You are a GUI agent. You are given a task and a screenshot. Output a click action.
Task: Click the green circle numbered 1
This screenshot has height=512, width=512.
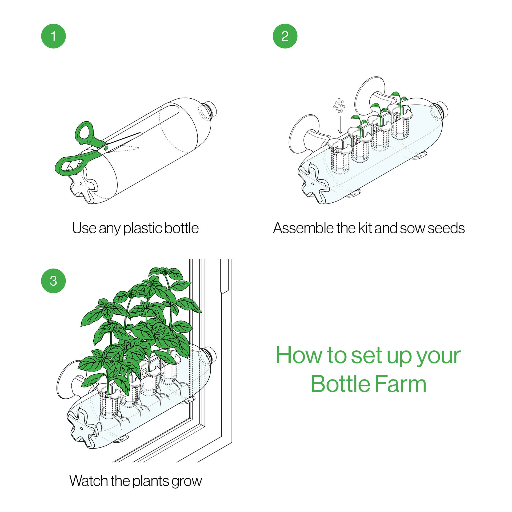(53, 36)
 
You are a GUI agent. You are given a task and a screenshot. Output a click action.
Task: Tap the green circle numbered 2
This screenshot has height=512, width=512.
(285, 36)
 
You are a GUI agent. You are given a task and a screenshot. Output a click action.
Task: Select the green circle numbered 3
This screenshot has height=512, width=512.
(53, 281)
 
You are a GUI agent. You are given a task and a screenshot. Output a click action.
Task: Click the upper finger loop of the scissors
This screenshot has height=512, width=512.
(85, 132)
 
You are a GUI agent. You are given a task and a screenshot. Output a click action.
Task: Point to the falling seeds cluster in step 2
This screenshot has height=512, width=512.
(339, 106)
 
